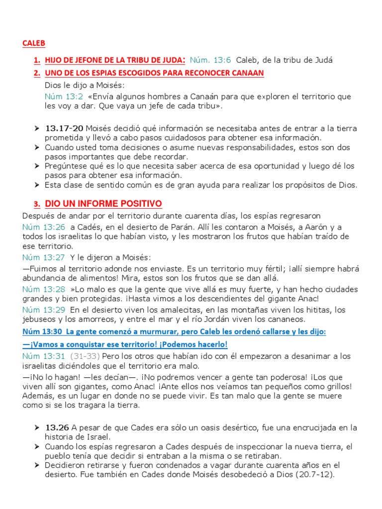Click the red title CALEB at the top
34,43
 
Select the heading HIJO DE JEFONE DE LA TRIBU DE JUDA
115,60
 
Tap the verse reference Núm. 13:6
211,60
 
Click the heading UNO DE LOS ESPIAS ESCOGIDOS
154,73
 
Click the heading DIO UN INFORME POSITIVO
103,204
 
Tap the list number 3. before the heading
37,204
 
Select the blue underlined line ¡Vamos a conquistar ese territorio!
125,344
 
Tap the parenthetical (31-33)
85,356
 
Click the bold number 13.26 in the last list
57,428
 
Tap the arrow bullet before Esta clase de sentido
37,185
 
